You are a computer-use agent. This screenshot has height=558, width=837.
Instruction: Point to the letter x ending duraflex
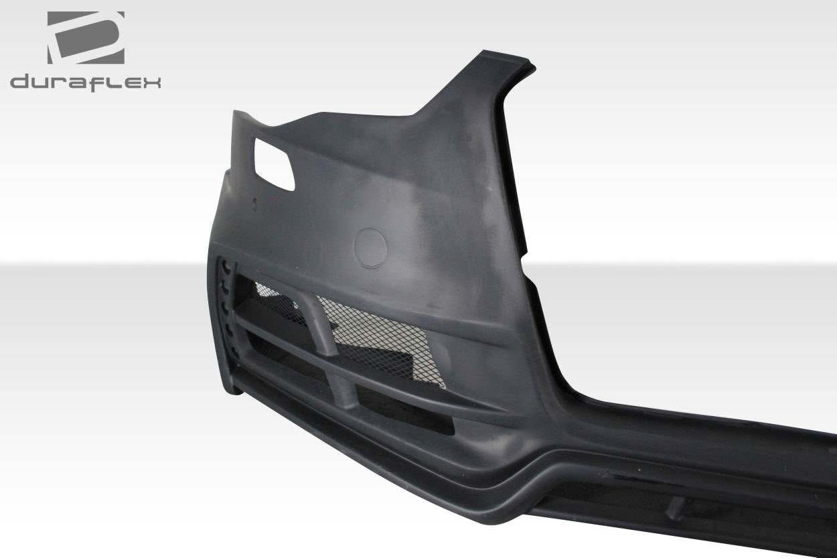150,82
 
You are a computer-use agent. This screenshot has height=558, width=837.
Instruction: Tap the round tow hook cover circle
370,245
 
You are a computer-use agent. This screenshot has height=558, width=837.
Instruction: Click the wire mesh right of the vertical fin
375,335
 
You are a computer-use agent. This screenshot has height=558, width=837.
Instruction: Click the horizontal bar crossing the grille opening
375,382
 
